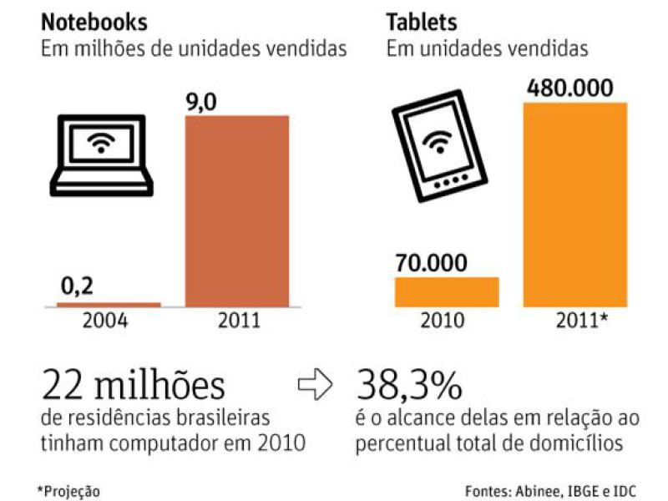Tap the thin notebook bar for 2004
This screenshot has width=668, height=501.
click(109, 305)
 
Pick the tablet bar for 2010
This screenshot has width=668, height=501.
click(447, 291)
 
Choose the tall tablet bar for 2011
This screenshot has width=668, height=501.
click(574, 204)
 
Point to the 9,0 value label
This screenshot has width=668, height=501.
click(200, 102)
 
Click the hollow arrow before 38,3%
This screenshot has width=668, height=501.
click(317, 387)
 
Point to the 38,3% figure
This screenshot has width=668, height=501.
click(409, 385)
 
